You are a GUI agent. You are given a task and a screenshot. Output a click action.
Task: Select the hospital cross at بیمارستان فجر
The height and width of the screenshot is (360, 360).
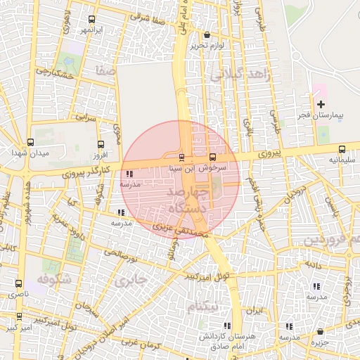pyautogui.click(x=321, y=104)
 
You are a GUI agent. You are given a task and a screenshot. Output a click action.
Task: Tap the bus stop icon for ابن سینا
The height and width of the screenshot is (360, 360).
pyautogui.click(x=183, y=157)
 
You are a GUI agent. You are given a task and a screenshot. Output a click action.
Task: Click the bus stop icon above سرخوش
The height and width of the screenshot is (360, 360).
pyautogui.click(x=213, y=157)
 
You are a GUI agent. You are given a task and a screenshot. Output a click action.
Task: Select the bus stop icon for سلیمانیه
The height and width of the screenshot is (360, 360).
pyautogui.click(x=342, y=149)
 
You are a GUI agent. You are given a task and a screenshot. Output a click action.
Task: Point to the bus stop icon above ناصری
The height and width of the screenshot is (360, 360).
pyautogui.click(x=18, y=283)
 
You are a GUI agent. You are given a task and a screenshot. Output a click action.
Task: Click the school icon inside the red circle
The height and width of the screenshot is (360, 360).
pyautogui.click(x=128, y=173)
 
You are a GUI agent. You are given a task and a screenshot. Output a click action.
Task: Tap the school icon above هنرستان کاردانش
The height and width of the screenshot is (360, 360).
pyautogui.click(x=226, y=325)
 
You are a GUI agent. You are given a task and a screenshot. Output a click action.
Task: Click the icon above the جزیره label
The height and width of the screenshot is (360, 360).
pyautogui.click(x=321, y=331)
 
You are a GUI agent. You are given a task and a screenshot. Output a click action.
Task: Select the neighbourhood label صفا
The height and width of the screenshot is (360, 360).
pyautogui.click(x=107, y=71)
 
